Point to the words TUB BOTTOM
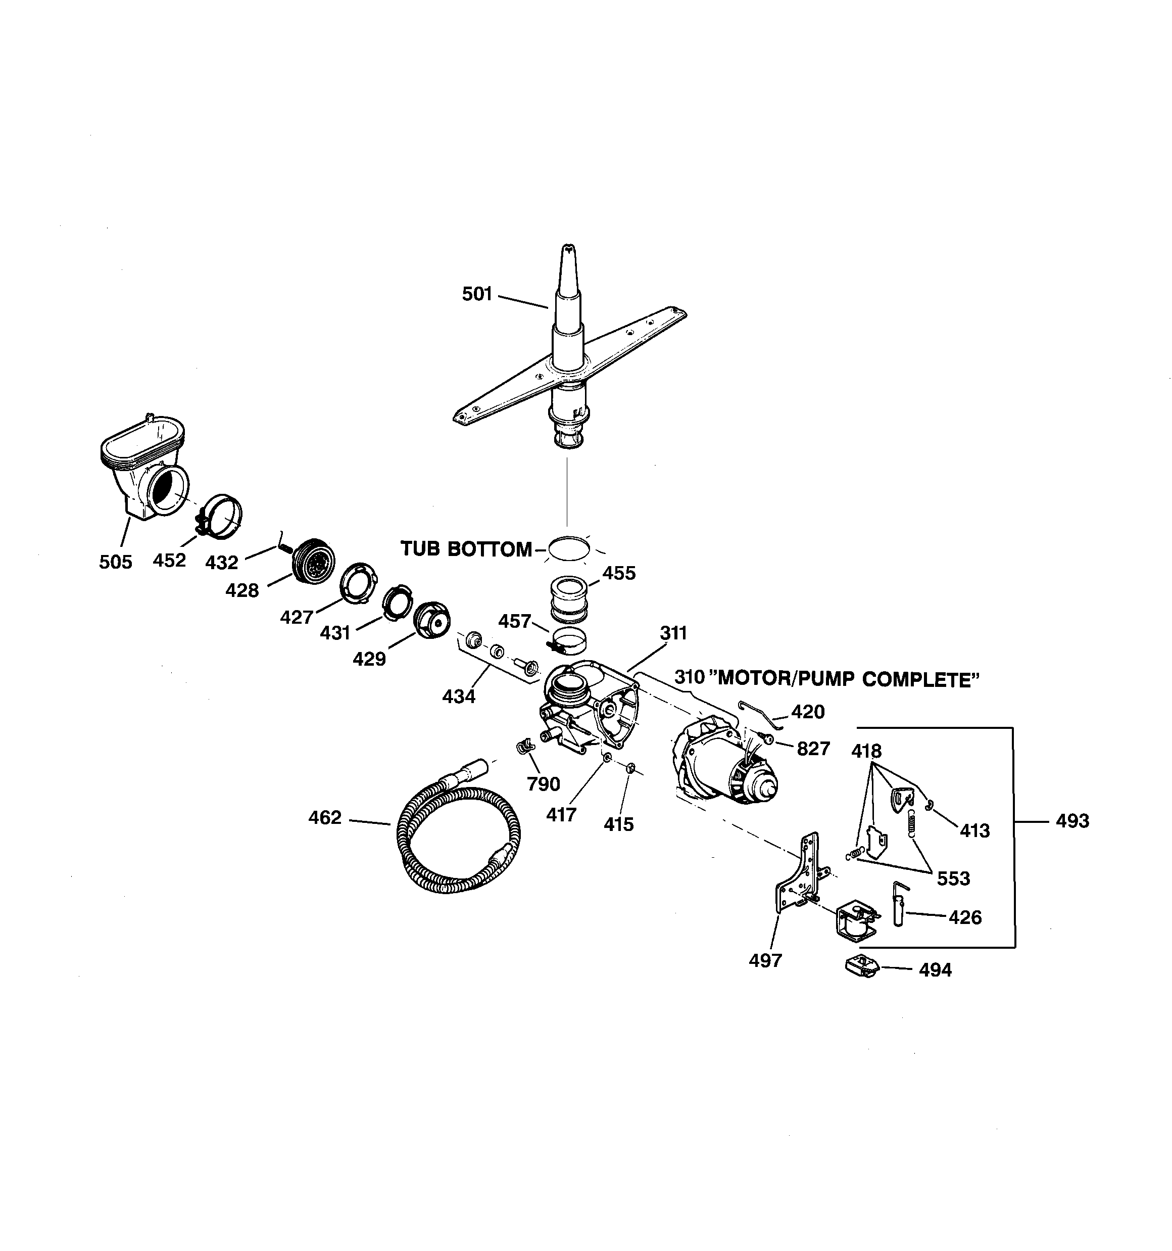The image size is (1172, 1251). tap(466, 549)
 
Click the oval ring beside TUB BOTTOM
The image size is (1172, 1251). tap(569, 548)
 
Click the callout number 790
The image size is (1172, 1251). tap(544, 784)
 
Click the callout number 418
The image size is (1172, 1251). tap(866, 751)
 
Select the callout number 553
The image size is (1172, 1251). tap(953, 878)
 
